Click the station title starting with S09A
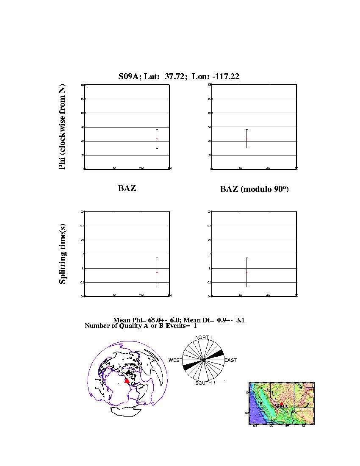[x=179, y=76]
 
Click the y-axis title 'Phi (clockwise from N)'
[x=62, y=127]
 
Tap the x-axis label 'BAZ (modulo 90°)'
[x=254, y=189]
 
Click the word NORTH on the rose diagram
[x=203, y=337]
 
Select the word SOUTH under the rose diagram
[x=203, y=383]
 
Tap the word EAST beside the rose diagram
[x=230, y=360]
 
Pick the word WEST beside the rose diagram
[x=175, y=360]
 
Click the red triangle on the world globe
[x=127, y=381]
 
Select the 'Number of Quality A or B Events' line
[x=141, y=326]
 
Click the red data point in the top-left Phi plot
[x=157, y=139]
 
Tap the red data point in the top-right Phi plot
[x=246, y=139]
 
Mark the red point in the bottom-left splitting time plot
[x=157, y=272]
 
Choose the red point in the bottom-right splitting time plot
[x=246, y=272]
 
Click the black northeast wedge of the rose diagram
[x=217, y=354]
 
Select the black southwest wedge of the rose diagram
[x=189, y=366]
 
